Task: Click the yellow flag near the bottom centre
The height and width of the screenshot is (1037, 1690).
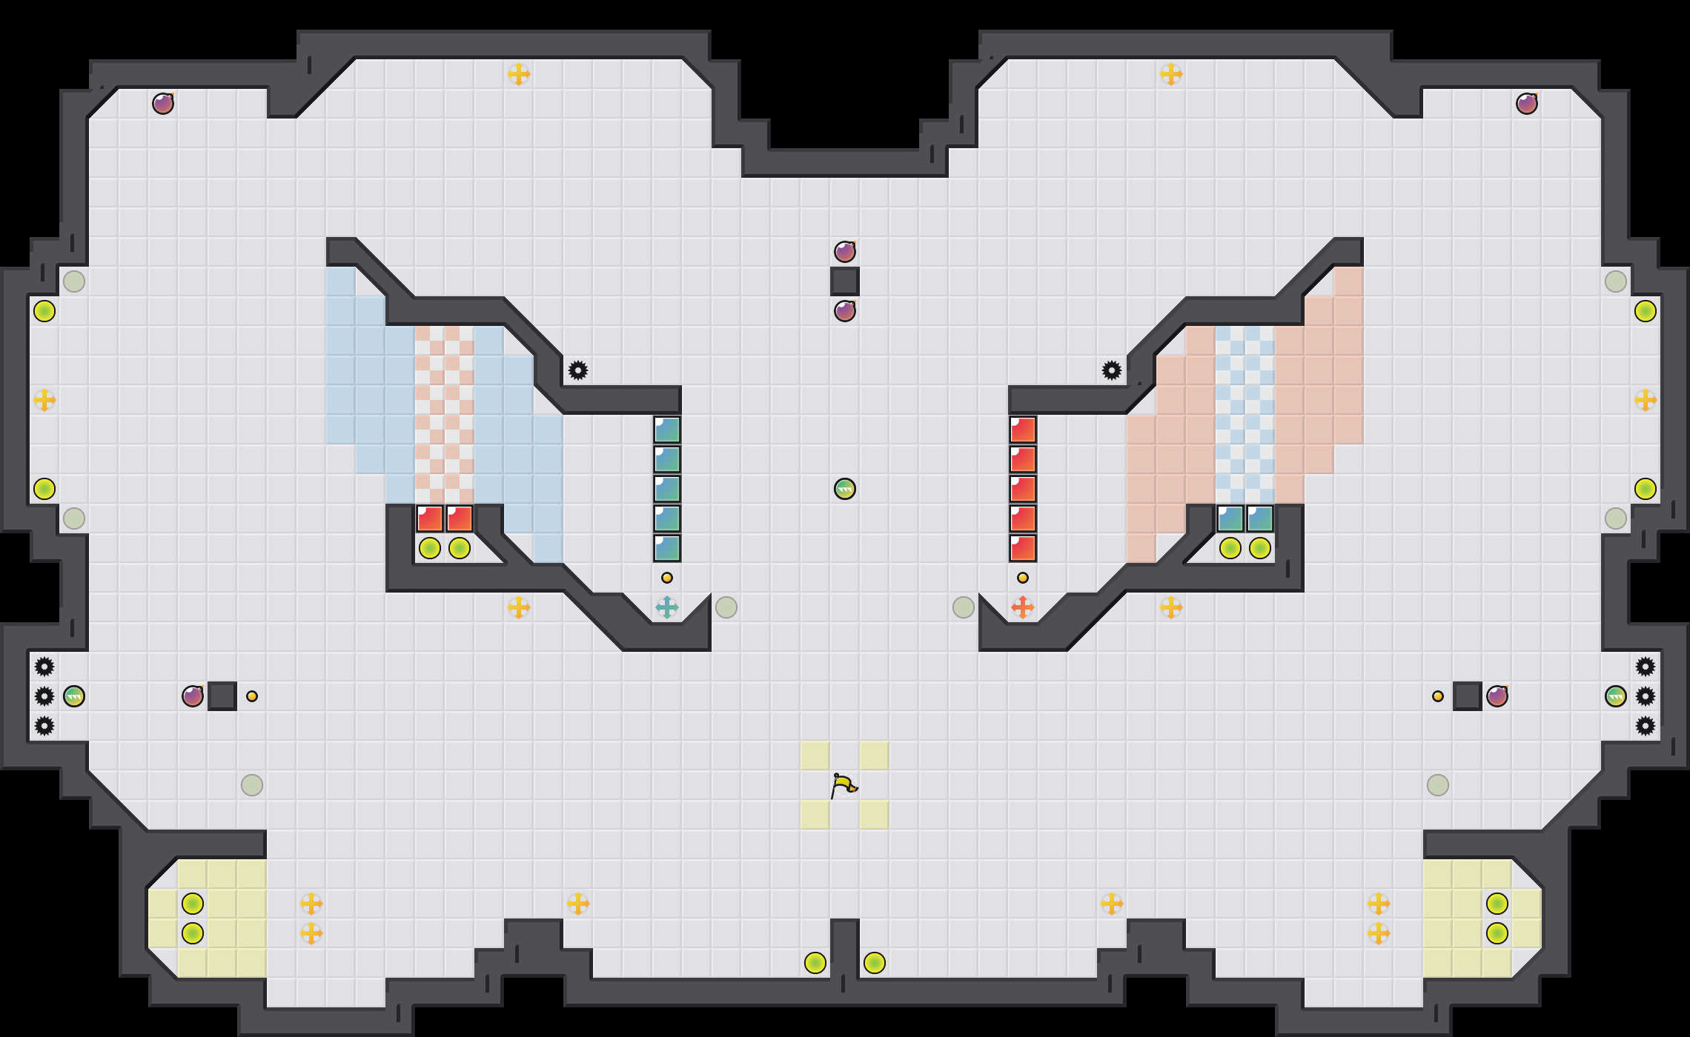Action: pos(844,785)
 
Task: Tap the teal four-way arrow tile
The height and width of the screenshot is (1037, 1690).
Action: pos(667,607)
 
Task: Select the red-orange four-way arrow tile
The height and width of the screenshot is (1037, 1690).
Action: pos(1023,607)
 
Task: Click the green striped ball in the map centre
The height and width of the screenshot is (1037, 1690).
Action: pos(845,489)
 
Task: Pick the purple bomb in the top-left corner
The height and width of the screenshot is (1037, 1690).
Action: pos(163,104)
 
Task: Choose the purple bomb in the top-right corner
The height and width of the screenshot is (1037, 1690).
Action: pos(1527,104)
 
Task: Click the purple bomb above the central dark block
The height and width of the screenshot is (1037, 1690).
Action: pos(845,252)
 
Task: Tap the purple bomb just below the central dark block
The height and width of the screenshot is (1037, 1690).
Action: pos(845,311)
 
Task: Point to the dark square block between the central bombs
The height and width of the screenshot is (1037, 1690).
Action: pos(845,281)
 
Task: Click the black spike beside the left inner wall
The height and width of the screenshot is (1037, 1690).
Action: pos(578,370)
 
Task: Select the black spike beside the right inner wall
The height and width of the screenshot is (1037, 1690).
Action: pos(1112,370)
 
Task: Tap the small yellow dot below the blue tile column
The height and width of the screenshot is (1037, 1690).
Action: pos(667,578)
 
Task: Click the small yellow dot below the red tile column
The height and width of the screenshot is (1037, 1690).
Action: pos(1023,578)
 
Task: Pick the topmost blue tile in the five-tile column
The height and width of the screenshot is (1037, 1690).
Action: pos(667,430)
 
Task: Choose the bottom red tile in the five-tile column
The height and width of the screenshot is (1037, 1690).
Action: pos(1023,548)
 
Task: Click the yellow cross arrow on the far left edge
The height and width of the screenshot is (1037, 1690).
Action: pos(44,400)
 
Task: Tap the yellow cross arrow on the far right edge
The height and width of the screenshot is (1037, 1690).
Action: pos(1646,400)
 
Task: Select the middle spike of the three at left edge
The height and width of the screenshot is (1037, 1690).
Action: pos(44,696)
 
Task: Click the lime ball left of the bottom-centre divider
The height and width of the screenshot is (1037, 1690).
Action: pos(815,963)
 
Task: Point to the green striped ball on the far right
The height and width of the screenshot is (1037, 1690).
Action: pos(1616,696)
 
